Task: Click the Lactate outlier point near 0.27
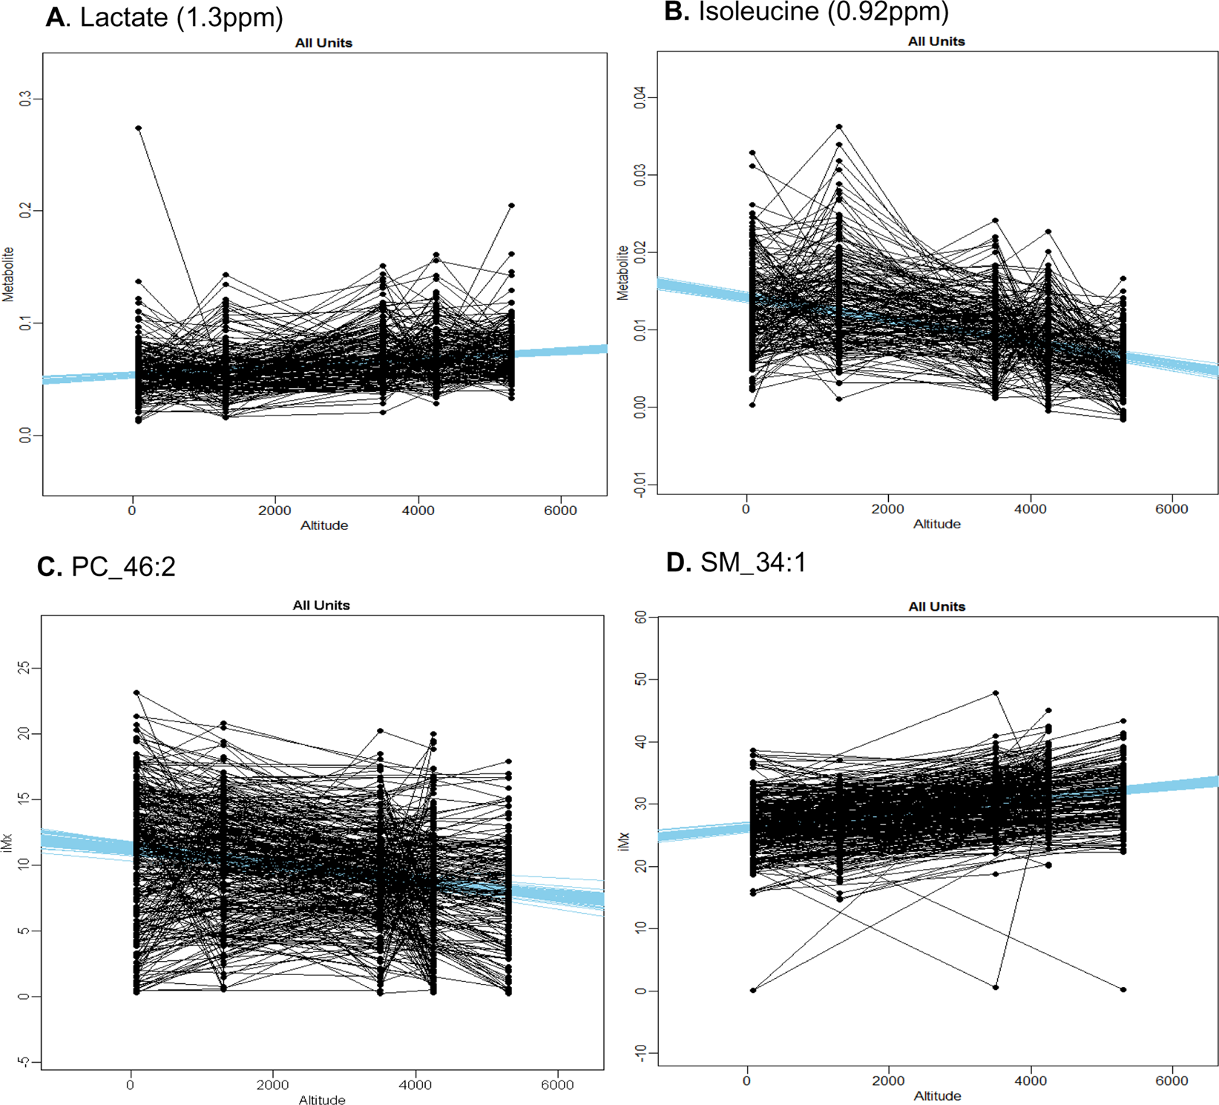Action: click(139, 128)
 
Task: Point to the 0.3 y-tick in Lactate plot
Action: click(27, 99)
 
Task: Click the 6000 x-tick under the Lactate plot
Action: click(560, 511)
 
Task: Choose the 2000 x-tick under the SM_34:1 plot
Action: click(888, 1081)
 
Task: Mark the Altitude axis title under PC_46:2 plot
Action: click(322, 1100)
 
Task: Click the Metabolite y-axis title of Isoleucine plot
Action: click(622, 272)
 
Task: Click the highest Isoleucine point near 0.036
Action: click(839, 127)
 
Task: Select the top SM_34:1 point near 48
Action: click(996, 693)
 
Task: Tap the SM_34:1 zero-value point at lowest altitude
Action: click(753, 990)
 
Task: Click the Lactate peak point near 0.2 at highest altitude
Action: click(511, 206)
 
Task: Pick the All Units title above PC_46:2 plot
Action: click(321, 606)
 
